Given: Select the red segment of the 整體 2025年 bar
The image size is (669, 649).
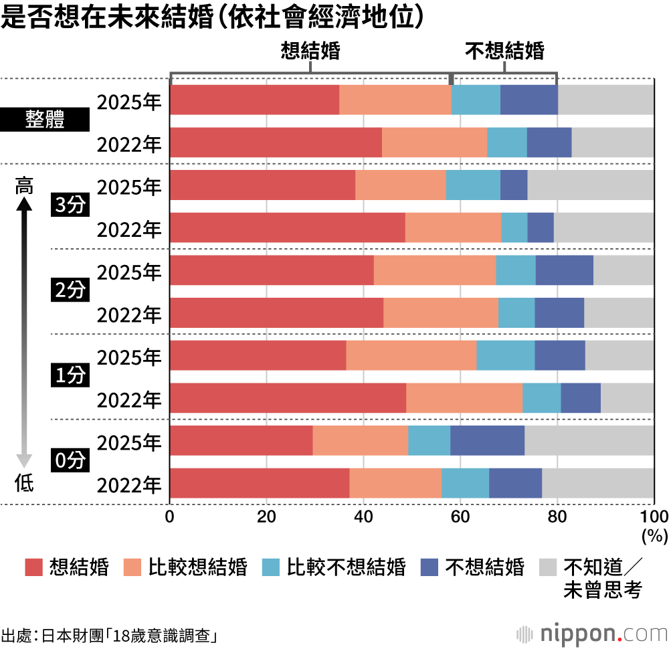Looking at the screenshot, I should [255, 100].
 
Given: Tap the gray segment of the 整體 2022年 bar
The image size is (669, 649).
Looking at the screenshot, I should [612, 142].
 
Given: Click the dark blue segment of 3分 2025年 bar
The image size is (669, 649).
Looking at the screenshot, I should [514, 185].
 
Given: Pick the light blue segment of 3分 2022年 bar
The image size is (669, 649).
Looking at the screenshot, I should [514, 227].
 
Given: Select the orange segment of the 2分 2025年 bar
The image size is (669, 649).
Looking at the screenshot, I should [435, 270].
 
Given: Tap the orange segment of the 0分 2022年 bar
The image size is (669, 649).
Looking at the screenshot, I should [395, 483].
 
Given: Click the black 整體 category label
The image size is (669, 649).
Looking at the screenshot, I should [45, 121].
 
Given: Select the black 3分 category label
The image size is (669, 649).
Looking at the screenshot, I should [70, 206].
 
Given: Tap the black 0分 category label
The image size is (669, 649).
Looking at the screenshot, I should [70, 462].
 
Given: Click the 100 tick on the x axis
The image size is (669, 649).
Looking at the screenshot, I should [654, 517].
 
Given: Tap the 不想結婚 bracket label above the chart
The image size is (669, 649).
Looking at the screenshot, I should [504, 52].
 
